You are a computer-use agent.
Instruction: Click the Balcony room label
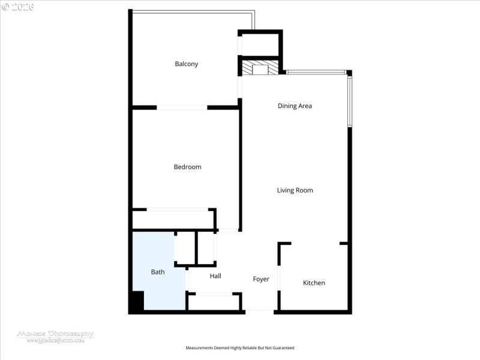click(x=186, y=64)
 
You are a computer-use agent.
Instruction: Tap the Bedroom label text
click(x=187, y=167)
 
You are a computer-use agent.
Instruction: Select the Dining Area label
click(x=295, y=106)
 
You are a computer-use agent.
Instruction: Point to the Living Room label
click(x=295, y=190)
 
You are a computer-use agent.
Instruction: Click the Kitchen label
click(x=314, y=283)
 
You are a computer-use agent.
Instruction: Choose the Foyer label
click(x=261, y=279)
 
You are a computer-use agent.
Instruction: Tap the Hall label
click(x=215, y=276)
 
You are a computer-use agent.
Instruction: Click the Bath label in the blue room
click(x=158, y=272)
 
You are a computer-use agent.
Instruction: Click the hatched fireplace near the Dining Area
click(x=260, y=68)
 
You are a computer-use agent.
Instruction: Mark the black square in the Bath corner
click(x=137, y=301)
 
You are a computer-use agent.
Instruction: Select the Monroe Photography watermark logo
click(x=55, y=336)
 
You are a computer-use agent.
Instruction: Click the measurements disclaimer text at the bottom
click(x=240, y=348)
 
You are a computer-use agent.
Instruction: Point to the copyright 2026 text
click(x=18, y=7)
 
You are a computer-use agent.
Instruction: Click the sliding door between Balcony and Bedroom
click(x=182, y=107)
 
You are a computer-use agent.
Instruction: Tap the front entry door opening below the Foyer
click(x=260, y=311)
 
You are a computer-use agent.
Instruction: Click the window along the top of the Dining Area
click(x=316, y=73)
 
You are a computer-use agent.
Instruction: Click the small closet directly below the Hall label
click(x=214, y=301)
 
